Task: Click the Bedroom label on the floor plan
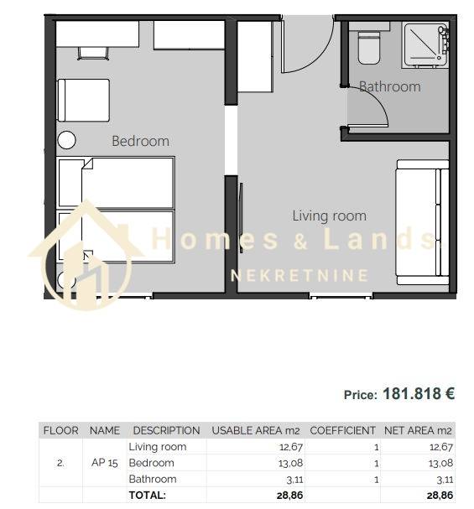tap(140, 141)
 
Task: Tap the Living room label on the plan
tap(329, 216)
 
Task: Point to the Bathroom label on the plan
tap(389, 86)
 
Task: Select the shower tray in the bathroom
tap(425, 44)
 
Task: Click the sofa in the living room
tap(422, 223)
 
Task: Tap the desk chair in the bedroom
tap(92, 54)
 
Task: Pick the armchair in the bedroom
tap(83, 101)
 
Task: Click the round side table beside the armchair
tap(66, 140)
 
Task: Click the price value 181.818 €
tap(419, 394)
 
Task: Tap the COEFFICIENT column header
tap(342, 431)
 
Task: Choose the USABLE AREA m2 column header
tap(256, 431)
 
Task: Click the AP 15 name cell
tap(105, 463)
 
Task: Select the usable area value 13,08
tap(290, 463)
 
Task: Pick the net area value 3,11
tap(445, 480)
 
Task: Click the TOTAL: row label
tap(148, 496)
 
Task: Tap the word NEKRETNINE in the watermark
tap(300, 276)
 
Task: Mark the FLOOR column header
tap(60, 431)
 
